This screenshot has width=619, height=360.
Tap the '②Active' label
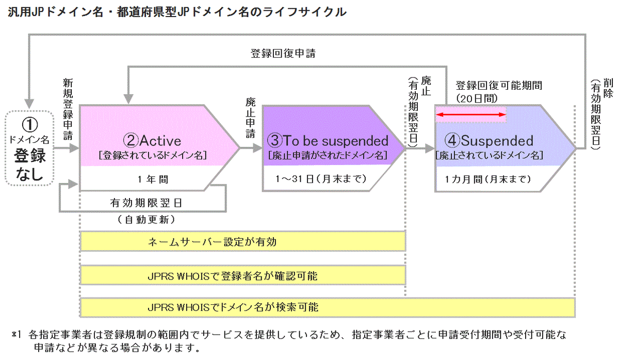point(152,140)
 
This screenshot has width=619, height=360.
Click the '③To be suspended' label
point(328,140)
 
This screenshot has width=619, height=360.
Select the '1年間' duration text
point(153,179)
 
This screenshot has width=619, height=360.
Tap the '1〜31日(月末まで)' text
point(322,179)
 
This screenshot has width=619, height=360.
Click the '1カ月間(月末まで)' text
point(487,179)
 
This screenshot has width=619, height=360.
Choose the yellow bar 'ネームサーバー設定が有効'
point(242,241)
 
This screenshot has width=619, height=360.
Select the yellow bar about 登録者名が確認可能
point(242,276)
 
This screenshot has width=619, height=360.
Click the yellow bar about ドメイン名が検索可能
point(328,308)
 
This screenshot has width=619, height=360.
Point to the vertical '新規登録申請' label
point(68,108)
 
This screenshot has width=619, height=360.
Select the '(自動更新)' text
point(147,220)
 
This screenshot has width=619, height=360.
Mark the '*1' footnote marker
point(15,335)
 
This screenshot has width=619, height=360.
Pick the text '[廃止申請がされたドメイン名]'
point(328,154)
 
